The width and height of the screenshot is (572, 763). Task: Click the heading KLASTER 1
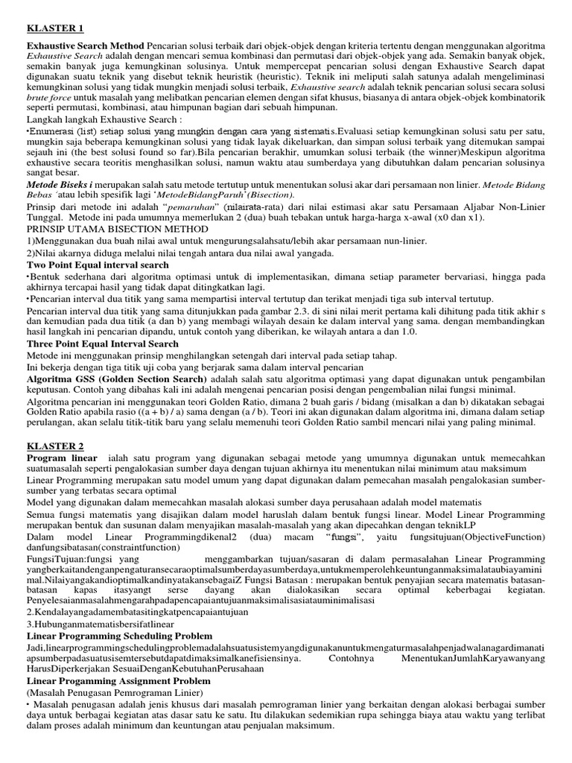click(55, 29)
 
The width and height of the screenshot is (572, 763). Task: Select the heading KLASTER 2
click(55, 445)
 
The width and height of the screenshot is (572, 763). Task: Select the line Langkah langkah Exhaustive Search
click(104, 120)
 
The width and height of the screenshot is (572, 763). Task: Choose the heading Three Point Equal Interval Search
click(103, 343)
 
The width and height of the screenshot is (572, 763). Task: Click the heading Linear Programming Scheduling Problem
click(120, 635)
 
